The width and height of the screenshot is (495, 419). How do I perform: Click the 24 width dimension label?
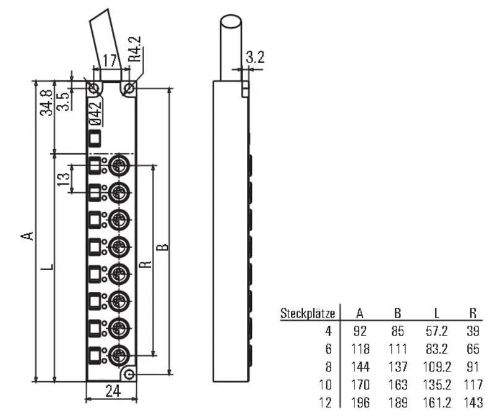pos(113,391)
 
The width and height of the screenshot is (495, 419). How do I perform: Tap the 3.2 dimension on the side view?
pos(255,57)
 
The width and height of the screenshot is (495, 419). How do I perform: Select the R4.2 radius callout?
pos(134,49)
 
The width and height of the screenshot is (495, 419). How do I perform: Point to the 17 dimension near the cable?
pos(110,60)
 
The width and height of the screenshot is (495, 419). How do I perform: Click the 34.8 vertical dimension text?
pos(46,103)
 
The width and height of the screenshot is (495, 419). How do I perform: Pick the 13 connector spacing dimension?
pos(64,179)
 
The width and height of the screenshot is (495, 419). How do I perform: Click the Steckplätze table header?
pos(308,313)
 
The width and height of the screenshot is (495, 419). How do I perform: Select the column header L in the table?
pos(437,313)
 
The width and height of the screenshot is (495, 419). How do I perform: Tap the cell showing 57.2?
pos(437,331)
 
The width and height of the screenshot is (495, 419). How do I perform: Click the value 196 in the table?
pos(360,402)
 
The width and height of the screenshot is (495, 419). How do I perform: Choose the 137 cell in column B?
pos(398,366)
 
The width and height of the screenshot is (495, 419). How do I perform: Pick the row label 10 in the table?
pos(325,384)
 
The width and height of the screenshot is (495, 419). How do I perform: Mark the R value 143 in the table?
pos(473,402)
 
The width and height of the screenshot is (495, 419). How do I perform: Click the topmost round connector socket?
pos(119,165)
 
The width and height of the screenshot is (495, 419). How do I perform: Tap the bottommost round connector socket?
pos(119,355)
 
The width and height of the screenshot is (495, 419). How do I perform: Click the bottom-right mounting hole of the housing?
pos(129,375)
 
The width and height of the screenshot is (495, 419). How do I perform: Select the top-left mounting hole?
pos(94,88)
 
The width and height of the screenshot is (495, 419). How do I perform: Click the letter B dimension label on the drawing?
pos(163,247)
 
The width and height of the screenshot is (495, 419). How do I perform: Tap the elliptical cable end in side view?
pos(231,22)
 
